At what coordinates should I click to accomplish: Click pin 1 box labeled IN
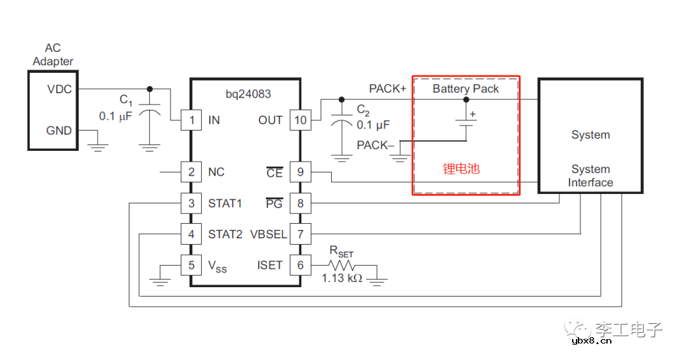(191, 120)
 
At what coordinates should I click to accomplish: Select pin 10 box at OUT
(301, 120)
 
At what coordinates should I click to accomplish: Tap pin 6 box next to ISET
(301, 265)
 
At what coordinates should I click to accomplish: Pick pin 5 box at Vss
(191, 265)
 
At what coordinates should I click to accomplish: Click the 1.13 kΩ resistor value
(342, 278)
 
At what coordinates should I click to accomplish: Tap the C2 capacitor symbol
(342, 123)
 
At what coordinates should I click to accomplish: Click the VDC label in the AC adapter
(59, 89)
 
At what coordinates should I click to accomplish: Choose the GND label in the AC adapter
(59, 131)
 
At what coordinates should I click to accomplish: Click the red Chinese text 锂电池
(461, 169)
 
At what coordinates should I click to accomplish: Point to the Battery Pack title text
(466, 89)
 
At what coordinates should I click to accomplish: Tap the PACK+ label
(388, 89)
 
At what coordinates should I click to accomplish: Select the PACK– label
(375, 145)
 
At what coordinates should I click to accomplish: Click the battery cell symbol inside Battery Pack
(466, 124)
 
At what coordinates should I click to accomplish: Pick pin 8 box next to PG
(301, 203)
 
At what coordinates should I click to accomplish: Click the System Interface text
(590, 176)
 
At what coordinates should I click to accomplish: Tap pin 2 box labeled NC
(191, 172)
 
